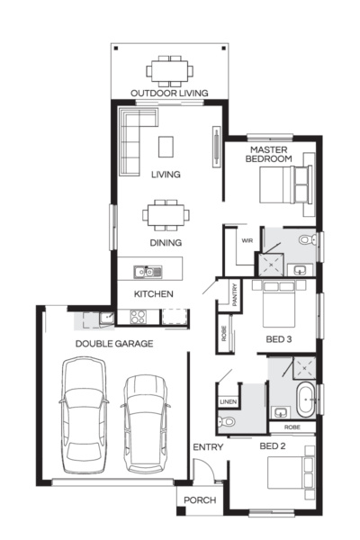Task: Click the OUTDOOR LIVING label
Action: tap(169, 93)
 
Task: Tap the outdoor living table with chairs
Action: tap(169, 70)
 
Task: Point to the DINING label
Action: tap(166, 242)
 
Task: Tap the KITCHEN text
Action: tap(154, 294)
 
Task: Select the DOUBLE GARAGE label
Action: tap(113, 343)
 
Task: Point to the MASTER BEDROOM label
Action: tap(271, 154)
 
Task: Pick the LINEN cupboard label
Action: tap(228, 401)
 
